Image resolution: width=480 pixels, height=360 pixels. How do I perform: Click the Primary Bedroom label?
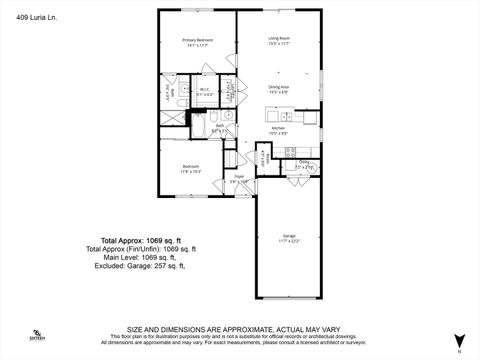[197, 41]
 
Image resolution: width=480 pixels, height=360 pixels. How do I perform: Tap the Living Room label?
[278, 41]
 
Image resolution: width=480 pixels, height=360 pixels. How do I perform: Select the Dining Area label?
[278, 88]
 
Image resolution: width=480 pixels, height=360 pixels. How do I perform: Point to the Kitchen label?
[278, 130]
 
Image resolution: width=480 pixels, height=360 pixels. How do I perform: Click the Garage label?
[287, 238]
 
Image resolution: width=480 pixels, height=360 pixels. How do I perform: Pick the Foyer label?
[240, 178]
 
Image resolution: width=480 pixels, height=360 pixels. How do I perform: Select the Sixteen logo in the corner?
[37, 335]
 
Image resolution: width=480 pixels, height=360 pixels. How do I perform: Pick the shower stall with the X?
[170, 116]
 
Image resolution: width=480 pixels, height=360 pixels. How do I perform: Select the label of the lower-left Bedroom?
[191, 167]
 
